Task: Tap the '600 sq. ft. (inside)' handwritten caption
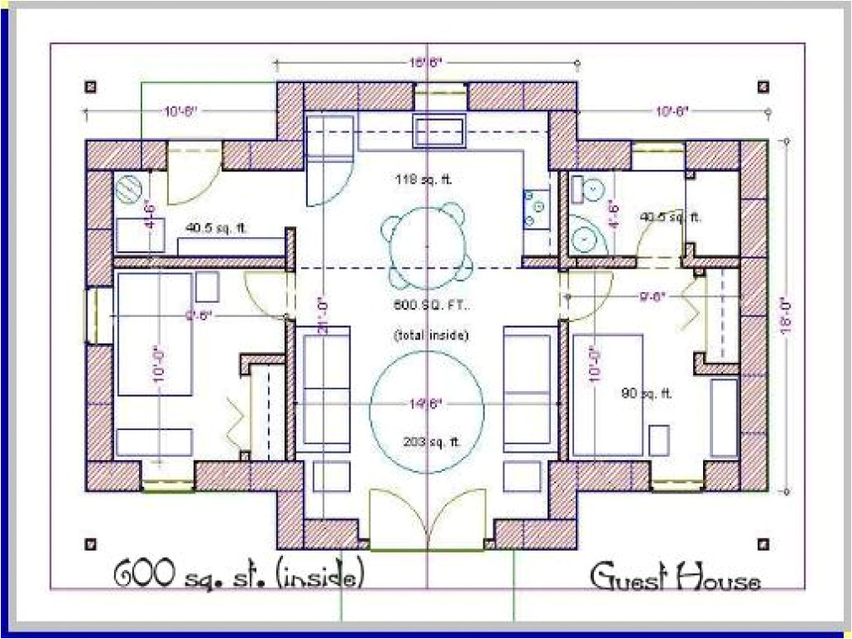[x=238, y=574]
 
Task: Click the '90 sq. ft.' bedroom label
[x=646, y=394]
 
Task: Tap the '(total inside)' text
[x=431, y=335]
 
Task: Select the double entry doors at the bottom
[x=427, y=519]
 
